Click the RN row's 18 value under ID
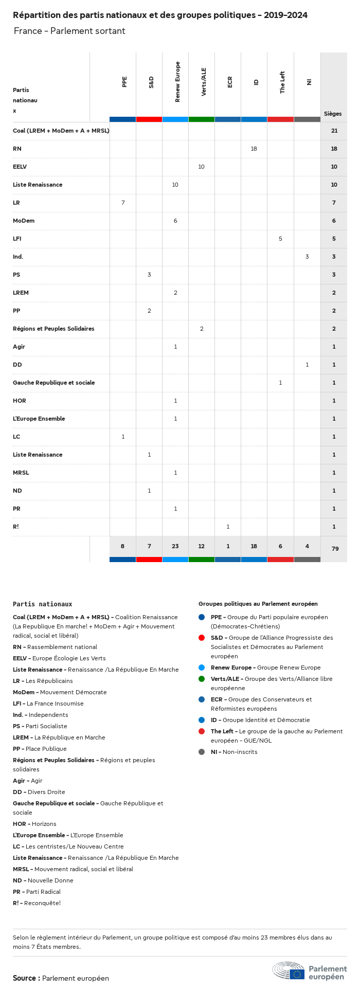254,149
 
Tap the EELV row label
20,167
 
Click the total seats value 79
335,549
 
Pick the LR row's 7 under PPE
123,203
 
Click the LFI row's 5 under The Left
280,239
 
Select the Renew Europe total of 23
175,546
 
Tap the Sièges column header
333,114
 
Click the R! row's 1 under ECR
228,527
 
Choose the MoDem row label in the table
24,221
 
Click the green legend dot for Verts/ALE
202,679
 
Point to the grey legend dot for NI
202,752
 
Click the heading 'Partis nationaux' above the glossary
42,604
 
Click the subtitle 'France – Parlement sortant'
69,31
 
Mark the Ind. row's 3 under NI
307,257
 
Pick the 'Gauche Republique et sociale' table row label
53,383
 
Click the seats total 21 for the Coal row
334,131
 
